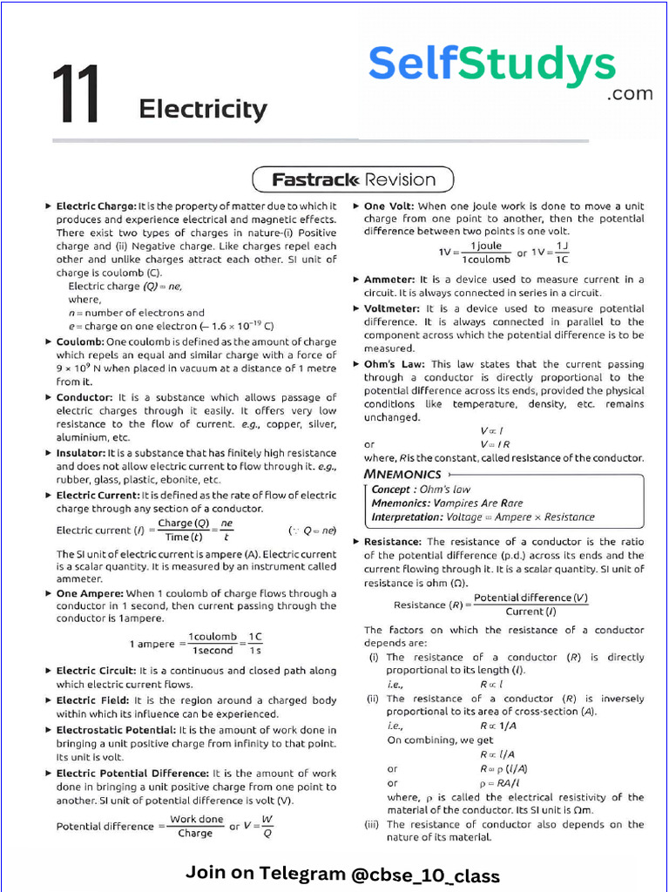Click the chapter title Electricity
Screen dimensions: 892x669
click(x=203, y=110)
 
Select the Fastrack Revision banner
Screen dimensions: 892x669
click(x=353, y=180)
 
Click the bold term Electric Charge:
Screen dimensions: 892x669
click(x=96, y=206)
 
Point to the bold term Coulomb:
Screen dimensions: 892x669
click(x=80, y=342)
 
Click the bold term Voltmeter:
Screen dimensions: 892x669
click(x=393, y=308)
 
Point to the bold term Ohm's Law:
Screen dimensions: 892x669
click(x=395, y=364)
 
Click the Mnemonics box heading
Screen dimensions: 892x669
click(x=402, y=474)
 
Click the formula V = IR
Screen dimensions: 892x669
click(x=494, y=444)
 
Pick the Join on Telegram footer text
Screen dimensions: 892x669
click(x=342, y=874)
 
